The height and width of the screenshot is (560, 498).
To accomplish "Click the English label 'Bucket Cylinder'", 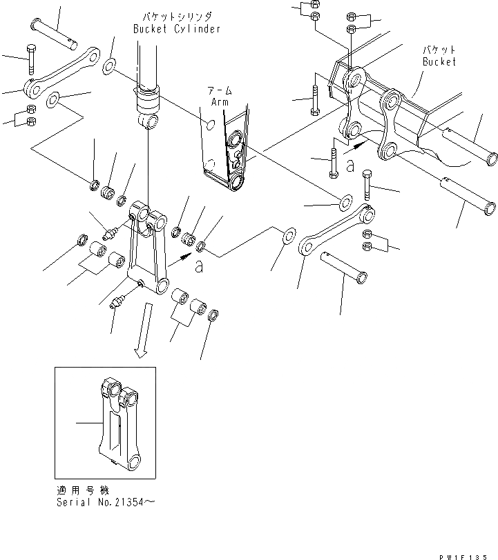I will [x=178, y=29].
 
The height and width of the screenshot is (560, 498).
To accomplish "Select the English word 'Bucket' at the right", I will [x=439, y=62].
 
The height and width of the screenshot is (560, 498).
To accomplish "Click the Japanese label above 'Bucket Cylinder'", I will [x=178, y=16].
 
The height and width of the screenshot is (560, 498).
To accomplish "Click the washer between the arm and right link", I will [x=343, y=203].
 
